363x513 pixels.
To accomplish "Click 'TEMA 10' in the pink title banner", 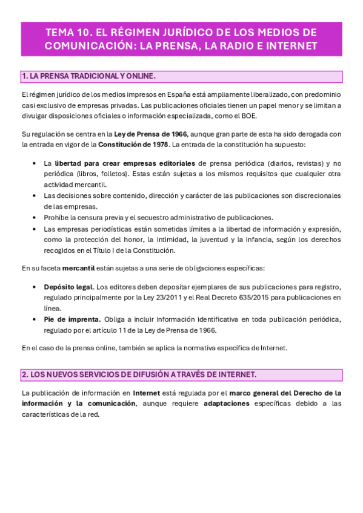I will point(68,32).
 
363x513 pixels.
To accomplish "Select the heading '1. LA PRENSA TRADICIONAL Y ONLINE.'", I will point(88,76).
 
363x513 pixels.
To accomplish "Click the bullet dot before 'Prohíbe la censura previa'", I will point(34,217).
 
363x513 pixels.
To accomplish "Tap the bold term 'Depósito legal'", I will point(68,287).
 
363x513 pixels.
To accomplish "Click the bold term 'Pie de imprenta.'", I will point(72,319).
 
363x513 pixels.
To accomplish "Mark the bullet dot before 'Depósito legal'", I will point(34,287).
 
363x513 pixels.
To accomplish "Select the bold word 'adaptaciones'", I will point(227,403).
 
